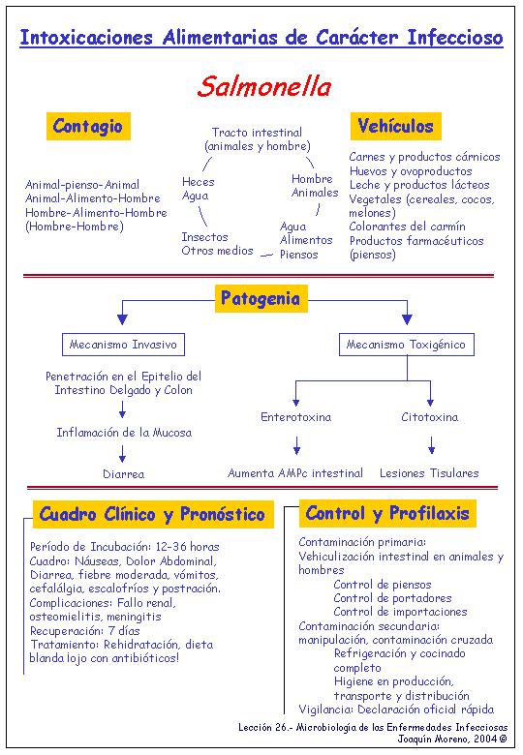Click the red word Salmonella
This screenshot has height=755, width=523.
263,87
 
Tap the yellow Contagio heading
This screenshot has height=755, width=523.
88,126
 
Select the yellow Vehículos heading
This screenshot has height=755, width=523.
395,126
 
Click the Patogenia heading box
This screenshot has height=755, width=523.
261,298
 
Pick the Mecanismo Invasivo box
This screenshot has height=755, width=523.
123,345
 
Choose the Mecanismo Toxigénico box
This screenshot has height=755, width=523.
407,345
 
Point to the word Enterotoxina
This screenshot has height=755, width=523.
295,417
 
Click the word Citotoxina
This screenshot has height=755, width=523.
430,417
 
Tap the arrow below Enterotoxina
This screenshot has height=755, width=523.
296,445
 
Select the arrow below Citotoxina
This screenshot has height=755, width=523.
432,445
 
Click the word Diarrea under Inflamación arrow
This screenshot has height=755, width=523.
123,474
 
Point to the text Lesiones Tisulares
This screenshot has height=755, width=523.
429,473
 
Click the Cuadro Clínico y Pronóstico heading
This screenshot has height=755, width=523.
153,514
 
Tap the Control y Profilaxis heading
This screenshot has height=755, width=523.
387,513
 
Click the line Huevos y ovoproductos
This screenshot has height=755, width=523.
411,171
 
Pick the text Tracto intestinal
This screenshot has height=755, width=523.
258,133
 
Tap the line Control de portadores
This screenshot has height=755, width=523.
392,598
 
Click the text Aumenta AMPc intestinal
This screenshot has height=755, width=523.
295,473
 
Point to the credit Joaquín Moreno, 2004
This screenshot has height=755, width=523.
452,739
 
